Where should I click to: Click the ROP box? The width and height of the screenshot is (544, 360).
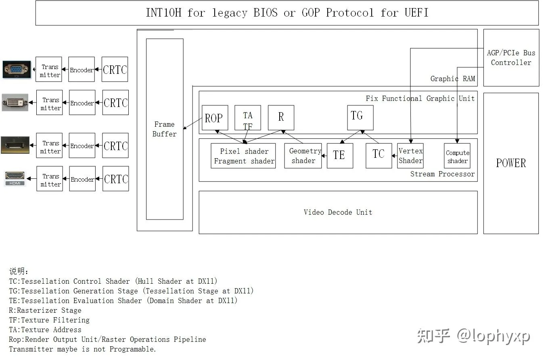coord(215,118)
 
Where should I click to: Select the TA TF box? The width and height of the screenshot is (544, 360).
coord(247,118)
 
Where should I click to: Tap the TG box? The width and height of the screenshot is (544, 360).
coord(360,117)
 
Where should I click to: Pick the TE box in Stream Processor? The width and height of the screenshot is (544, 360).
coord(340,155)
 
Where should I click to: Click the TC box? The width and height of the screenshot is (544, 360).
coord(379,155)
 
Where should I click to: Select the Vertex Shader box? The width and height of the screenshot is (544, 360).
coord(410,156)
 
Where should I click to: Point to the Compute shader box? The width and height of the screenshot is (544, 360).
coord(457,156)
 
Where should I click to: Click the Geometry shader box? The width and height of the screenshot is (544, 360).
coord(303,156)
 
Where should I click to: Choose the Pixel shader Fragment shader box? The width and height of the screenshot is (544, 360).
coord(243,156)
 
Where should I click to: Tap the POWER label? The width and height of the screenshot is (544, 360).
coord(511,163)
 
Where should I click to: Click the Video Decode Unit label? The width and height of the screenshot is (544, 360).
coord(338,212)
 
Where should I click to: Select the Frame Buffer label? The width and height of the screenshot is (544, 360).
coord(164,129)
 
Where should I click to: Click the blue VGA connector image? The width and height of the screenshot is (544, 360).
coord(16,69)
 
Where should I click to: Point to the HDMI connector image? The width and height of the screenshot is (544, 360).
coord(15,178)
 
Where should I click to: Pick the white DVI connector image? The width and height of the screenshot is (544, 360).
coord(15,103)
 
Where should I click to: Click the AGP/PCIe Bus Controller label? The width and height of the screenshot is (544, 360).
coord(511,57)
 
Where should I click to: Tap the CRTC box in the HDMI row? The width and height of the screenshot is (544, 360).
coord(116,179)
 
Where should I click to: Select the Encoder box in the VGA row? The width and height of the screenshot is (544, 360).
coord(82,69)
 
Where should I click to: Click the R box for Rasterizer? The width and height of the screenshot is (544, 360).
coord(281,117)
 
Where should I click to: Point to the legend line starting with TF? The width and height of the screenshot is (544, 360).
coord(49,320)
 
